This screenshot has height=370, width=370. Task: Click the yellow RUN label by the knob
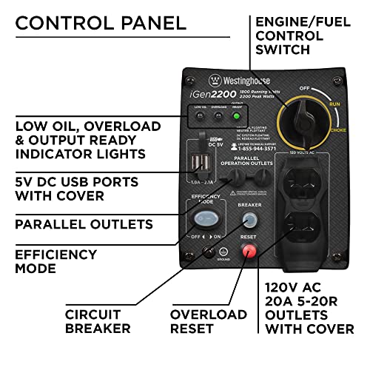(334, 104)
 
